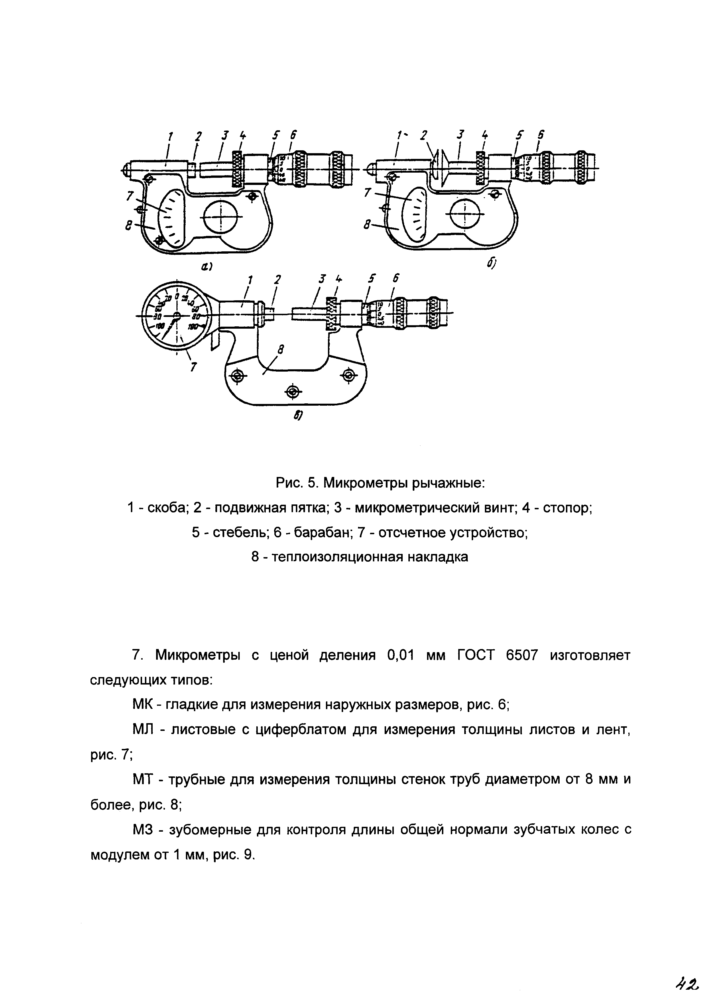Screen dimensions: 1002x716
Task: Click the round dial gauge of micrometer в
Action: [177, 316]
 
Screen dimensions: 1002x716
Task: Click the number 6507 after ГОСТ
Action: [522, 656]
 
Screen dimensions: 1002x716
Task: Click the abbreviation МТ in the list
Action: [142, 780]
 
